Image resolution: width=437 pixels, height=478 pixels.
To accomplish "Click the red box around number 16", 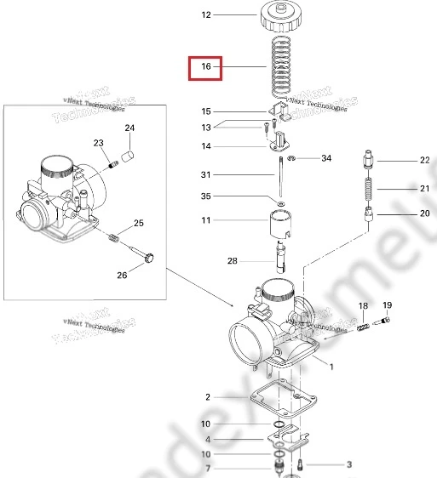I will tap(205, 66).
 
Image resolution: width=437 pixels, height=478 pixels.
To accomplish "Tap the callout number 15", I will tap(205, 111).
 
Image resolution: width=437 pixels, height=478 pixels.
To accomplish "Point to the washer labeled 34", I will tap(292, 159).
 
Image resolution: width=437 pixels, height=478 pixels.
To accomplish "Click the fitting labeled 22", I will tap(368, 159).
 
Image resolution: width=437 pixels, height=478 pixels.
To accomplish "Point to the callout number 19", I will tap(387, 305).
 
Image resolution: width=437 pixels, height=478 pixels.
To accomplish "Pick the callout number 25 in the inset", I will tap(138, 224).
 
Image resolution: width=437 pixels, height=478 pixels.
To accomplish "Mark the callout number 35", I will tap(205, 196).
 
